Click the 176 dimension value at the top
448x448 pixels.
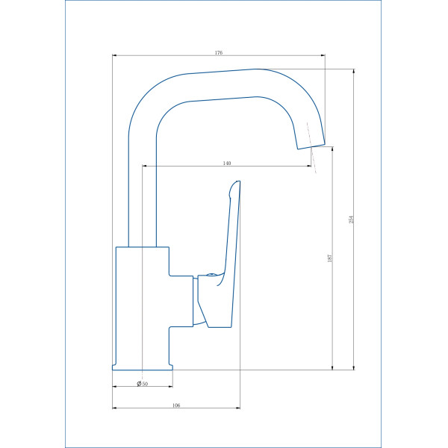click(x=219, y=52)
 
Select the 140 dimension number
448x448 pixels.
click(x=227, y=163)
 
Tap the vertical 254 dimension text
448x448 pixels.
click(x=352, y=220)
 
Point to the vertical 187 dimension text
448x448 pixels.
click(x=330, y=258)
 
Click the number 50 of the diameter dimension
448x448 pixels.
click(x=145, y=384)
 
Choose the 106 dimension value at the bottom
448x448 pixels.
click(x=176, y=405)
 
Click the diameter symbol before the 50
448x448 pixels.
click(x=140, y=384)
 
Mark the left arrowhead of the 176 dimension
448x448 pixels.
click(x=114, y=55)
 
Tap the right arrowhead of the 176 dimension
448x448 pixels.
click(x=323, y=55)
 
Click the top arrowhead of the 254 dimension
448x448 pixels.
click(x=354, y=72)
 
